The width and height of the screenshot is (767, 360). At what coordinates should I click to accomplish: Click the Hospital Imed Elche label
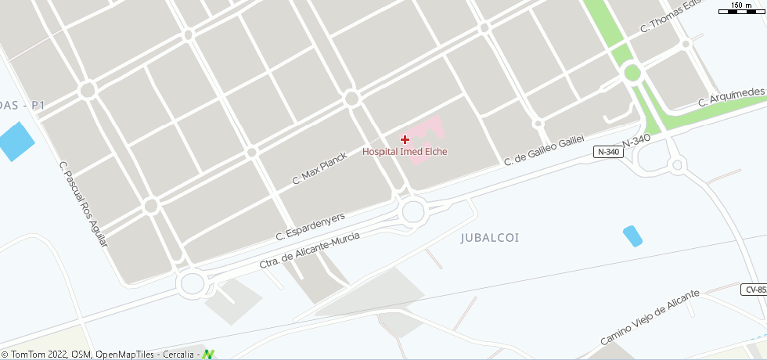[x=405, y=152]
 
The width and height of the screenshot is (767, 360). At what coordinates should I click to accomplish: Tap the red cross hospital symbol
[x=405, y=139]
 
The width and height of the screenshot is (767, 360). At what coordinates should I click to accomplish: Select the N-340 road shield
[x=608, y=152]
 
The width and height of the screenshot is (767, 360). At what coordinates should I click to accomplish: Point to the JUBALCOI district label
[x=490, y=237]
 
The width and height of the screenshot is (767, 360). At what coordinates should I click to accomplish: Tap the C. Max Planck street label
[x=319, y=167]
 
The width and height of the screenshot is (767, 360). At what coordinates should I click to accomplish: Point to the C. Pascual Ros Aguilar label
[x=83, y=204]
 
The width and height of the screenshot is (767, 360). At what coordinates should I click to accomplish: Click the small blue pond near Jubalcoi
[x=632, y=236]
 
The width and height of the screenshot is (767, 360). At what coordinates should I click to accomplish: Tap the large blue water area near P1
[x=16, y=142]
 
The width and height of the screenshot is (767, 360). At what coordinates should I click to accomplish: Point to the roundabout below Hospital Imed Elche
[x=413, y=210]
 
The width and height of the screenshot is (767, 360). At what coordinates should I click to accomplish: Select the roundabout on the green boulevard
[x=632, y=74]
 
